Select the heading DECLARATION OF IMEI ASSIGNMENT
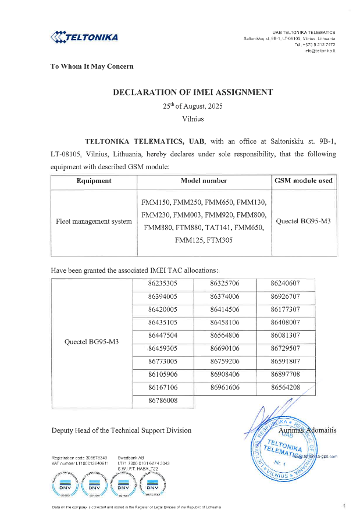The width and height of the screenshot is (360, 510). point(193,92)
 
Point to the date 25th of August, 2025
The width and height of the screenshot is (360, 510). point(193,106)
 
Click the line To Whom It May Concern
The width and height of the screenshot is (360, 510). point(92,66)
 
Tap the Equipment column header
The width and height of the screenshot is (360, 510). point(94,181)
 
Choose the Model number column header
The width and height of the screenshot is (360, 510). point(204,181)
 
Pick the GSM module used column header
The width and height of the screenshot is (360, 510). point(303,181)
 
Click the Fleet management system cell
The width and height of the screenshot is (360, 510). point(94,222)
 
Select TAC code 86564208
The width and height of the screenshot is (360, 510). point(285,387)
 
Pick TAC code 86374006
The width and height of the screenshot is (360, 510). point(224,297)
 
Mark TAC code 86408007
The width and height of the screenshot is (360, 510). point(285,322)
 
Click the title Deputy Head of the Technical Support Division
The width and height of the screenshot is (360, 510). point(121,430)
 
